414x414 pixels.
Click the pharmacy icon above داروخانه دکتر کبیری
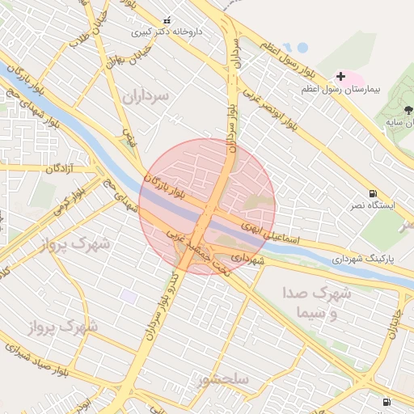[x=167, y=20]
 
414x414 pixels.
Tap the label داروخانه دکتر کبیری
[x=167, y=32]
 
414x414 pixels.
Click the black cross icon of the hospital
[x=340, y=76]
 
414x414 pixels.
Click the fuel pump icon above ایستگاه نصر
[x=372, y=193]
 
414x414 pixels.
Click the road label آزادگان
[x=60, y=168]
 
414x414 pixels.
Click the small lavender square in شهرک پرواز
[x=129, y=297]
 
